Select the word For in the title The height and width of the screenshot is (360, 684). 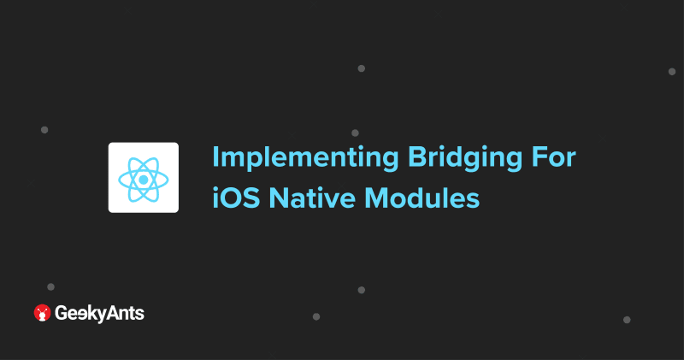point(556,158)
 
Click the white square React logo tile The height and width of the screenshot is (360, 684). point(143,177)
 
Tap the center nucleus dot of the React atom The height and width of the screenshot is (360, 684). point(143,178)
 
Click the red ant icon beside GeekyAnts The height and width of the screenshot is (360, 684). point(42,313)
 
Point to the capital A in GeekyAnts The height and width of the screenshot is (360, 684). point(110,313)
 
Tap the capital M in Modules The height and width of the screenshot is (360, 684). point(380,198)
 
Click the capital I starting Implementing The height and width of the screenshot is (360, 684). point(215,158)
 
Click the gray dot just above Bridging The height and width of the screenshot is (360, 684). point(355,133)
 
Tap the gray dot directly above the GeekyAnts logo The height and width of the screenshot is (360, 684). point(50,286)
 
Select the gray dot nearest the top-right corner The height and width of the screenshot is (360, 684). point(672,71)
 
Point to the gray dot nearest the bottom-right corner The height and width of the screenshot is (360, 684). point(627,319)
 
